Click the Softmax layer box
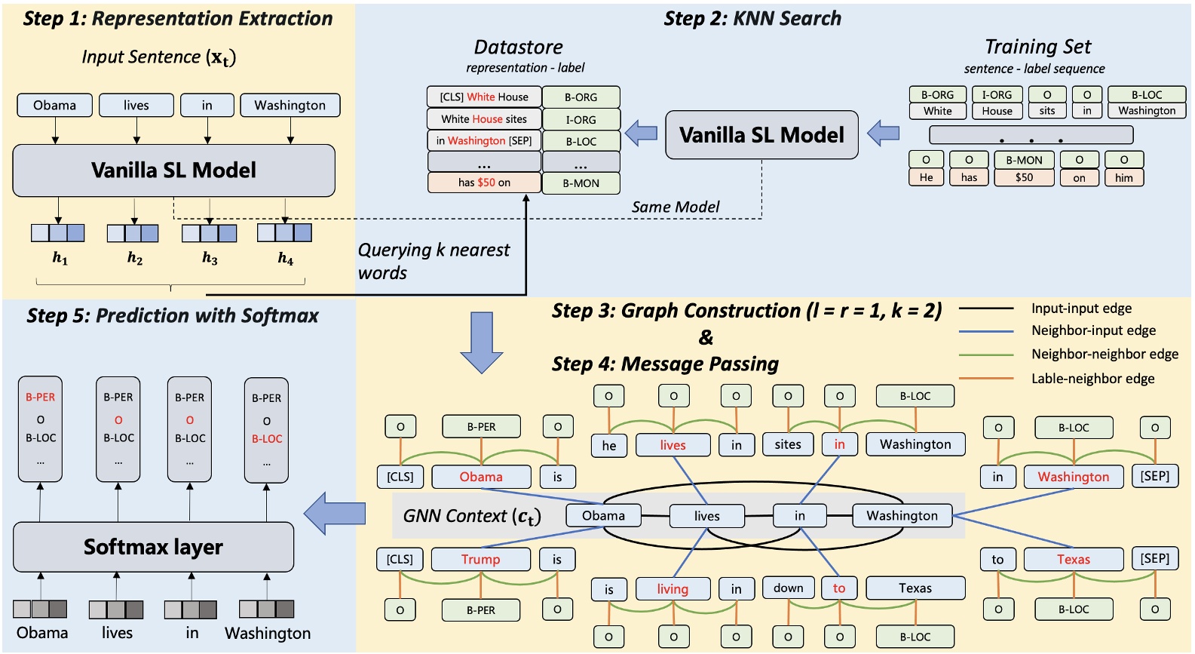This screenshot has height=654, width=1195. tap(153, 547)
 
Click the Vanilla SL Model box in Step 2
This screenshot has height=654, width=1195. tap(761, 135)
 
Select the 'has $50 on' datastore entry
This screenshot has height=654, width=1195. tap(484, 183)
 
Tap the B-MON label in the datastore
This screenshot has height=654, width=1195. tap(581, 183)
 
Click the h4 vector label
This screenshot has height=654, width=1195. tap(285, 259)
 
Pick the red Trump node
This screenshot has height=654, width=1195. tap(480, 559)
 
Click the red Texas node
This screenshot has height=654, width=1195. tap(1073, 559)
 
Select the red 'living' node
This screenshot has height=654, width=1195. tap(673, 588)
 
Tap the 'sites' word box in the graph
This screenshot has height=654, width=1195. tap(787, 444)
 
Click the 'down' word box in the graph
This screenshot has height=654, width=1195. tap(788, 588)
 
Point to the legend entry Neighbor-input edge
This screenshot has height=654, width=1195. tap(1092, 330)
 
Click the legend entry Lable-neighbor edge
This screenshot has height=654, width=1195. tap(1092, 379)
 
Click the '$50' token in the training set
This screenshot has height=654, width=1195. tap(1024, 177)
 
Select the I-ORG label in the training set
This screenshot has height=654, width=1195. tap(997, 95)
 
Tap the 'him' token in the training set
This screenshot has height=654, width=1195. tap(1123, 177)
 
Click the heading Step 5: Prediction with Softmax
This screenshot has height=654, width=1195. tap(173, 315)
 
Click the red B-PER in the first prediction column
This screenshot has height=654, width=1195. tap(41, 397)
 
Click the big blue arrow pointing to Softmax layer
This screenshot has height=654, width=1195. tap(335, 514)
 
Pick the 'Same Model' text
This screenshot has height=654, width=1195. tap(675, 207)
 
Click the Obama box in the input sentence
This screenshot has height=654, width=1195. tap(54, 105)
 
